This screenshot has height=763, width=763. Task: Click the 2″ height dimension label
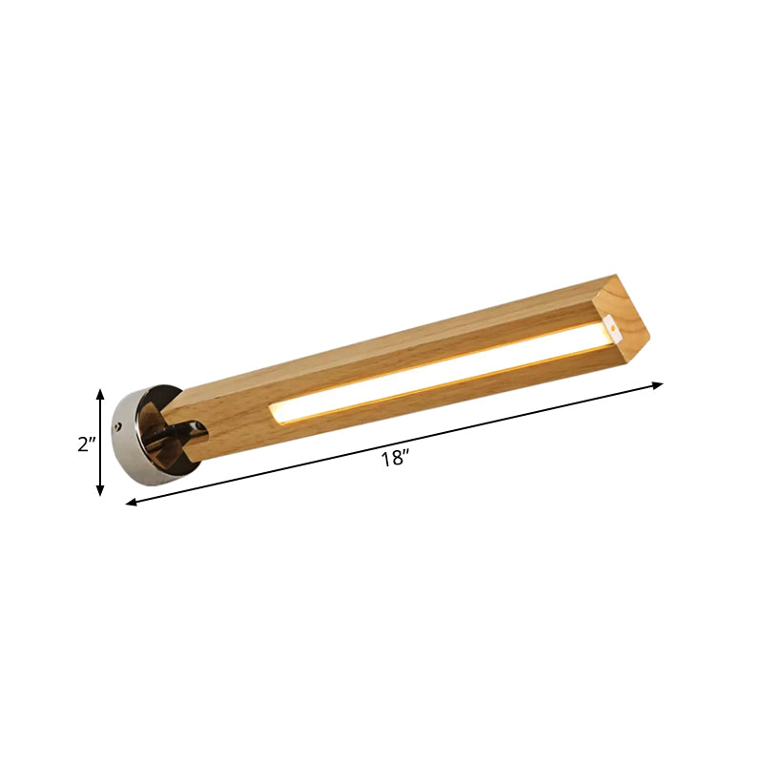(85, 444)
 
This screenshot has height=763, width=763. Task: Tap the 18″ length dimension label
(394, 459)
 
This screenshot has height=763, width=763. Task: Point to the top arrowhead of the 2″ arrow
(100, 392)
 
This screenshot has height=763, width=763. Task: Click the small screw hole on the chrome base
(120, 426)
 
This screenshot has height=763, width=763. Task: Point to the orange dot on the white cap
(615, 334)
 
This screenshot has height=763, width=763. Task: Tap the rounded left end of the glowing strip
(276, 411)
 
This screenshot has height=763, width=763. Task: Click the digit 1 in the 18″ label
(384, 459)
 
